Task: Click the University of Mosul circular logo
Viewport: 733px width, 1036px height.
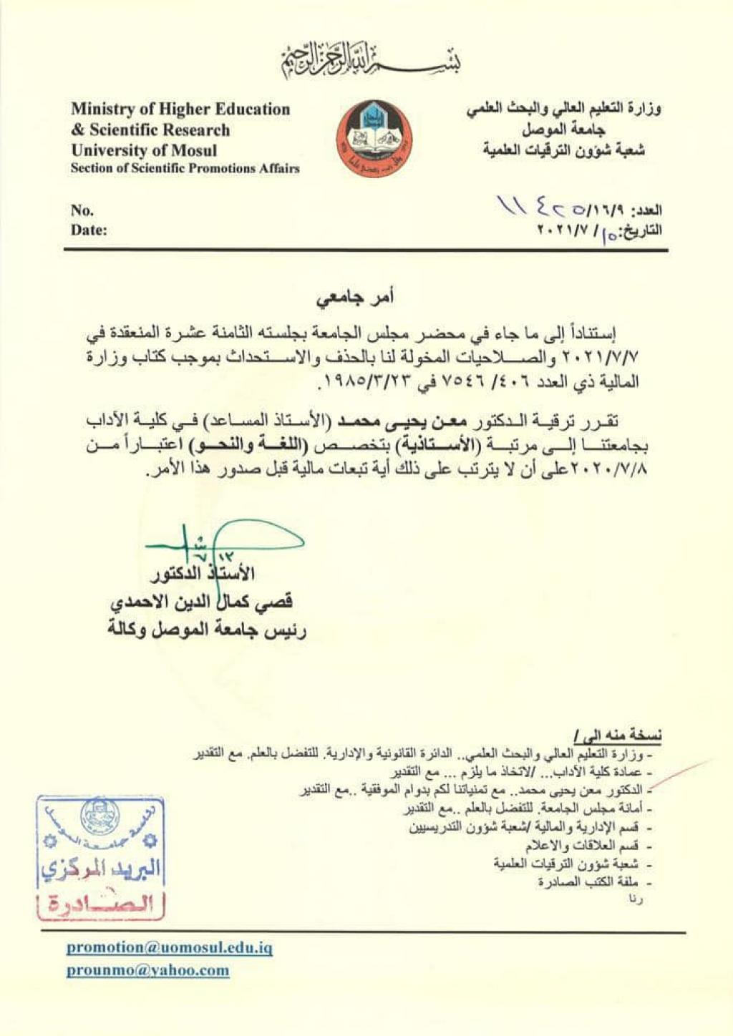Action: click(x=374, y=139)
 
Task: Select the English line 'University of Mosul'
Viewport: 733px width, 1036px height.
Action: click(x=143, y=150)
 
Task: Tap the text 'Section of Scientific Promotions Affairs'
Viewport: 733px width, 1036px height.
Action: click(x=185, y=169)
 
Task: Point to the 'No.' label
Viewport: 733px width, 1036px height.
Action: click(x=82, y=210)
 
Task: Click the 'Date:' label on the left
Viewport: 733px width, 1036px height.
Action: click(x=89, y=230)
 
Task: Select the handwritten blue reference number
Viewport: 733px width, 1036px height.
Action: click(x=544, y=209)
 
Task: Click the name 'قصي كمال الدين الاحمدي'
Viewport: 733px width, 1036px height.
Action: click(x=201, y=602)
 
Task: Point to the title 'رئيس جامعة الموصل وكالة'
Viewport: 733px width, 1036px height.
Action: click(x=207, y=630)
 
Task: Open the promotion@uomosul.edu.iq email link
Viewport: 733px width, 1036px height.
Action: click(x=170, y=947)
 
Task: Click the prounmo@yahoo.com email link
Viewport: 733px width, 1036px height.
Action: click(x=148, y=971)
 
